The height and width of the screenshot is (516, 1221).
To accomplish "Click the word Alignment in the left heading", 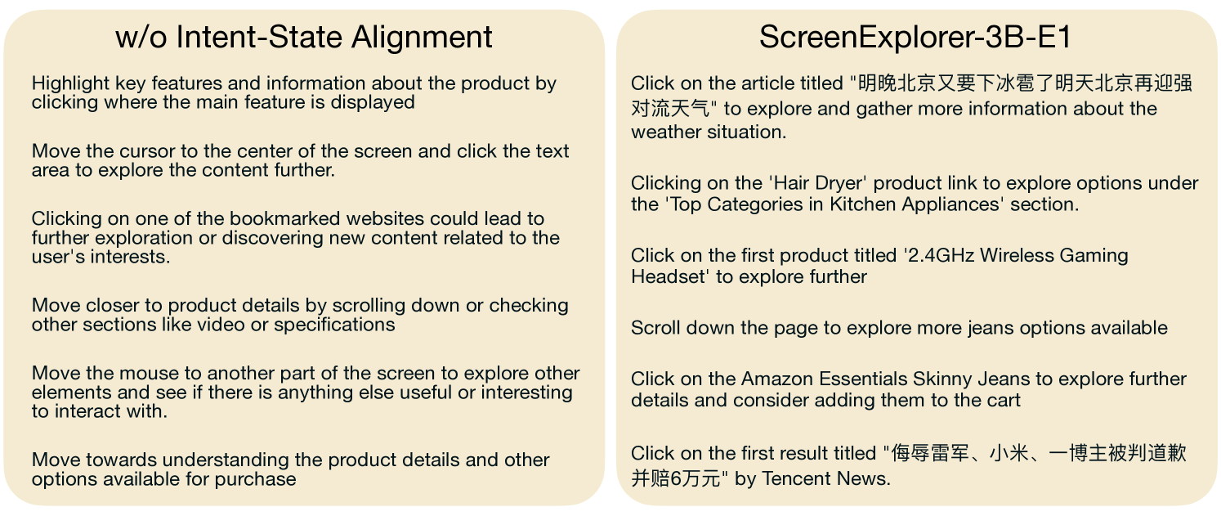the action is pos(422,38).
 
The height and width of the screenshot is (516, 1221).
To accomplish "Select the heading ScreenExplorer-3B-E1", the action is pos(915,38).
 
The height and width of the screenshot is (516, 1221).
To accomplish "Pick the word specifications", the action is pos(334,325).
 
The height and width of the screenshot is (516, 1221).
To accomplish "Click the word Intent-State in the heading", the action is pos(259,38).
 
